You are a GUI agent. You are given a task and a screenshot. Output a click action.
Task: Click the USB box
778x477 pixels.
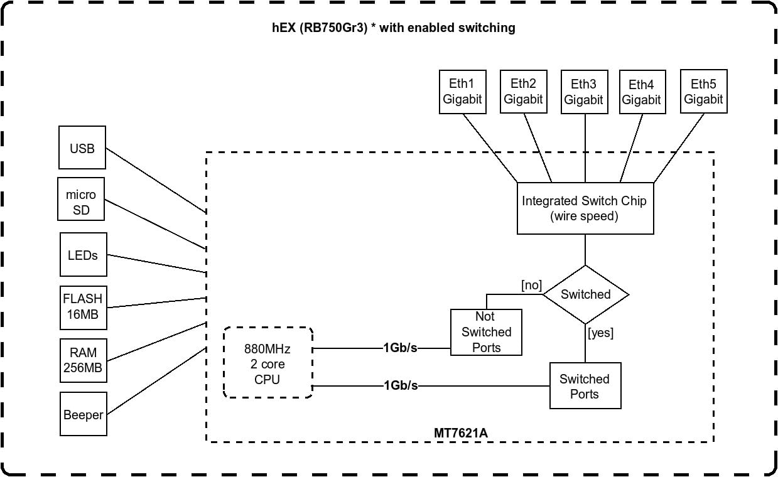click(x=82, y=148)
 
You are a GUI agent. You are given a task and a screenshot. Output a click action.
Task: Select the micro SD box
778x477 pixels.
click(x=81, y=203)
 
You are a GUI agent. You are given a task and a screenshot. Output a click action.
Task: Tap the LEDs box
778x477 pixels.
click(x=83, y=255)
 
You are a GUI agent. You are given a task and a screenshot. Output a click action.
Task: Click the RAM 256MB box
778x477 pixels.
click(x=82, y=361)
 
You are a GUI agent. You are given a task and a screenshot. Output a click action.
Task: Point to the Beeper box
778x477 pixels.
click(x=83, y=414)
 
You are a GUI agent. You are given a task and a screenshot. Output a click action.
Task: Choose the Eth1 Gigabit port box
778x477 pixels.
click(x=462, y=92)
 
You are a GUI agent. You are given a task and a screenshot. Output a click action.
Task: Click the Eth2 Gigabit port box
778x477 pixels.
click(x=523, y=92)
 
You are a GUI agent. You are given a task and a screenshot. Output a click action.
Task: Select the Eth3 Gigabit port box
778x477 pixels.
click(x=583, y=92)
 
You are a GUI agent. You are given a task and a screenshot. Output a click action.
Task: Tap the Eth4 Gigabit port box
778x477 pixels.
click(x=642, y=92)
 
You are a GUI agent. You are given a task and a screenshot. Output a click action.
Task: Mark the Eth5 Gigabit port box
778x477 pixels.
click(x=703, y=92)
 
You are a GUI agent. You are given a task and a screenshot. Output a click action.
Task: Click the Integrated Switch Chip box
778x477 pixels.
click(x=585, y=209)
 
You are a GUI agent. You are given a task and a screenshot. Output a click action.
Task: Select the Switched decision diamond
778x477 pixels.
click(x=585, y=294)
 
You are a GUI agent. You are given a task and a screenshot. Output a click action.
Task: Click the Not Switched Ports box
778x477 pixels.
click(x=486, y=332)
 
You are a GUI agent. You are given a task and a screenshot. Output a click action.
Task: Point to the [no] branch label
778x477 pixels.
click(x=531, y=286)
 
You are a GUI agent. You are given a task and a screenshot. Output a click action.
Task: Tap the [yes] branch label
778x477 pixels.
click(x=601, y=333)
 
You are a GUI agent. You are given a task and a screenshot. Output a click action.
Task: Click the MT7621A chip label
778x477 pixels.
click(x=460, y=433)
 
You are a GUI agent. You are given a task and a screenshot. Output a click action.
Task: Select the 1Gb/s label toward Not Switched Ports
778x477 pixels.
click(x=401, y=348)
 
